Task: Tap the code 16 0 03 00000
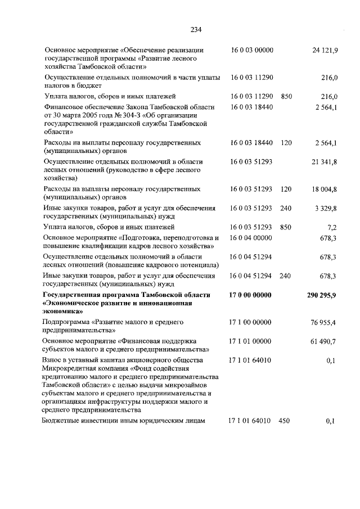251,50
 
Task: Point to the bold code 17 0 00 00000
251,295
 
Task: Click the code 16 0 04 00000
251,238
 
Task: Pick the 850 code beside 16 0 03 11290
286,97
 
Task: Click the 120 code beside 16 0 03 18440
286,143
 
